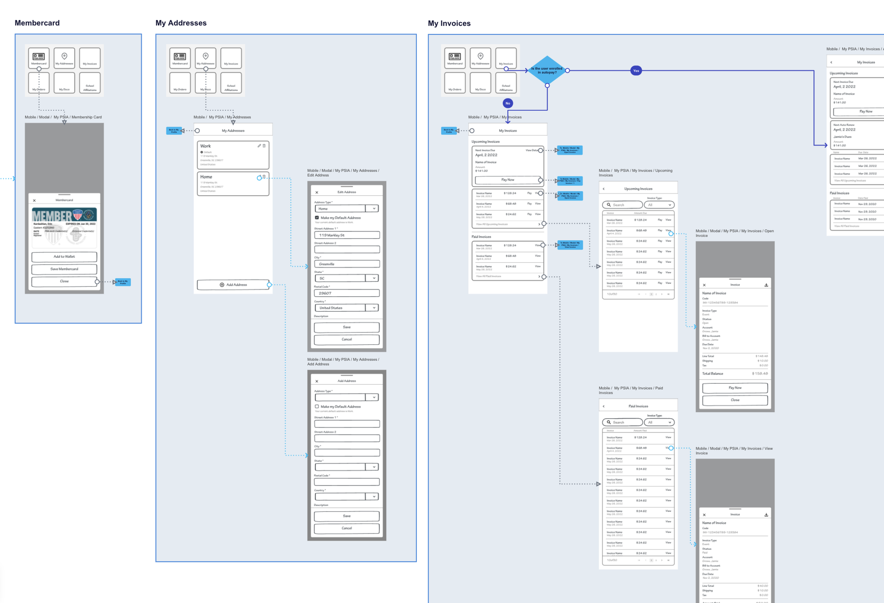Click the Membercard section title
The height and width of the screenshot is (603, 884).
tap(37, 23)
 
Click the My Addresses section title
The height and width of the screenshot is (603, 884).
tap(181, 23)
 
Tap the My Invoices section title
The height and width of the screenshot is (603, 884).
tap(449, 23)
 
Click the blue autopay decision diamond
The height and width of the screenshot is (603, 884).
tap(547, 70)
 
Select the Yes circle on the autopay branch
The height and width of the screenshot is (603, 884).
tap(636, 71)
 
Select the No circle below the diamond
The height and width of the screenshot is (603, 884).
tap(507, 103)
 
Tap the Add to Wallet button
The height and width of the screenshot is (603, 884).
tap(64, 257)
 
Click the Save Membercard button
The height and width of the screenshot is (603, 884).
tap(64, 269)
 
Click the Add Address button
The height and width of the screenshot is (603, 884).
tap(233, 285)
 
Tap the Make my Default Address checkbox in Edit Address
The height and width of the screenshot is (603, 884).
tap(317, 218)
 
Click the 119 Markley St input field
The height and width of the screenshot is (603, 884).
tap(347, 235)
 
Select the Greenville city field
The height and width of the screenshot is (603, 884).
tap(347, 264)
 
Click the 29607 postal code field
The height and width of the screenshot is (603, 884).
tap(347, 293)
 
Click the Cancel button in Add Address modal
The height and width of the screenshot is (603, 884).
tap(347, 528)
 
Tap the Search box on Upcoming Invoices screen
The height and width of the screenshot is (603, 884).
tap(623, 205)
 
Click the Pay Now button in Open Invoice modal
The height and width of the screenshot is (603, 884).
tap(734, 388)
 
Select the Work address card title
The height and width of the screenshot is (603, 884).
tap(205, 146)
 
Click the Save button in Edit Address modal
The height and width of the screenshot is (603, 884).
tap(347, 327)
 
